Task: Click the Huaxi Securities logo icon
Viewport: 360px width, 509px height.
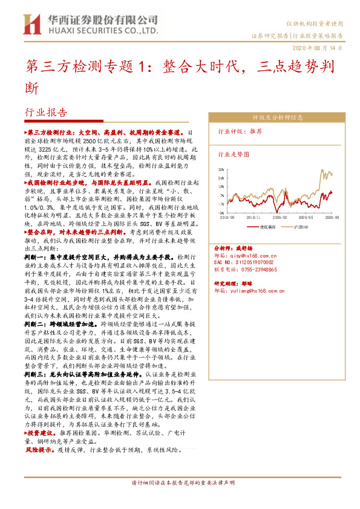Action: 31,24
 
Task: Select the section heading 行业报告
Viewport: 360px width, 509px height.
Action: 46,112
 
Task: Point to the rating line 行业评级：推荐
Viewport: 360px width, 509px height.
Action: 240,131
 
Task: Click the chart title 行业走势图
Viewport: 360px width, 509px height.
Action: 233,155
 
